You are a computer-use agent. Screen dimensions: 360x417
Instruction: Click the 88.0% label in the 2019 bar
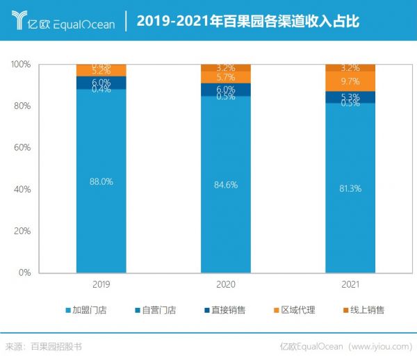(x=101, y=181)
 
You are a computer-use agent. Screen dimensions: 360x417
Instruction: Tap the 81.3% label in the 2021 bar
(x=351, y=188)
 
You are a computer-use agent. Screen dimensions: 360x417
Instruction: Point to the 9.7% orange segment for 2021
(x=351, y=81)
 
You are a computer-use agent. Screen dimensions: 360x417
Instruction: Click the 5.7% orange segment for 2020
(x=227, y=77)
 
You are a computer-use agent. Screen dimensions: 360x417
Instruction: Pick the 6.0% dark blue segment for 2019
(x=101, y=82)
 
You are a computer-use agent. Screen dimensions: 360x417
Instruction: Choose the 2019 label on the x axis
(x=101, y=284)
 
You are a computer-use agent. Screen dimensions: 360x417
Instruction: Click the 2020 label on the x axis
(x=227, y=284)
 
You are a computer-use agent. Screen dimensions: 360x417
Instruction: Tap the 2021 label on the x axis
(x=351, y=284)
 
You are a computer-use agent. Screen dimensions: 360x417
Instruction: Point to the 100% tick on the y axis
(x=21, y=64)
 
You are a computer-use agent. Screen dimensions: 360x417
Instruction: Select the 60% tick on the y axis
(x=23, y=147)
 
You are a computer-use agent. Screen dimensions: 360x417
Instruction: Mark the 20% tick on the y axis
(x=23, y=231)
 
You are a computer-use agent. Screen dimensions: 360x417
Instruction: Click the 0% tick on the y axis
(x=25, y=272)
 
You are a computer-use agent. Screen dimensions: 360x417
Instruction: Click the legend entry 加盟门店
(x=87, y=310)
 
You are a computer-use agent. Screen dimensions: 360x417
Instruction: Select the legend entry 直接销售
(x=226, y=310)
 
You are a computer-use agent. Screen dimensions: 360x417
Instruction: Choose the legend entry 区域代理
(x=295, y=310)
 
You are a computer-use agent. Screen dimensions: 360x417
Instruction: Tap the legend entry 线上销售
(x=365, y=310)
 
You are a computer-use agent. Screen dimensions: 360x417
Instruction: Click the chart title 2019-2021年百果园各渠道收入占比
(x=247, y=21)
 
